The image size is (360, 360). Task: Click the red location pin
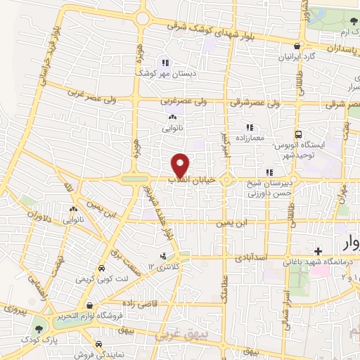(x=181, y=165)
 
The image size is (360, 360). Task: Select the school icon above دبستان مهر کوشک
(x=165, y=61)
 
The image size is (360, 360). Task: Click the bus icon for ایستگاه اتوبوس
(x=298, y=134)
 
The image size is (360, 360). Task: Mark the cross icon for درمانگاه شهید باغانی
(x=318, y=251)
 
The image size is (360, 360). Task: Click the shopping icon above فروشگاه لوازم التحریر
(x=89, y=305)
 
